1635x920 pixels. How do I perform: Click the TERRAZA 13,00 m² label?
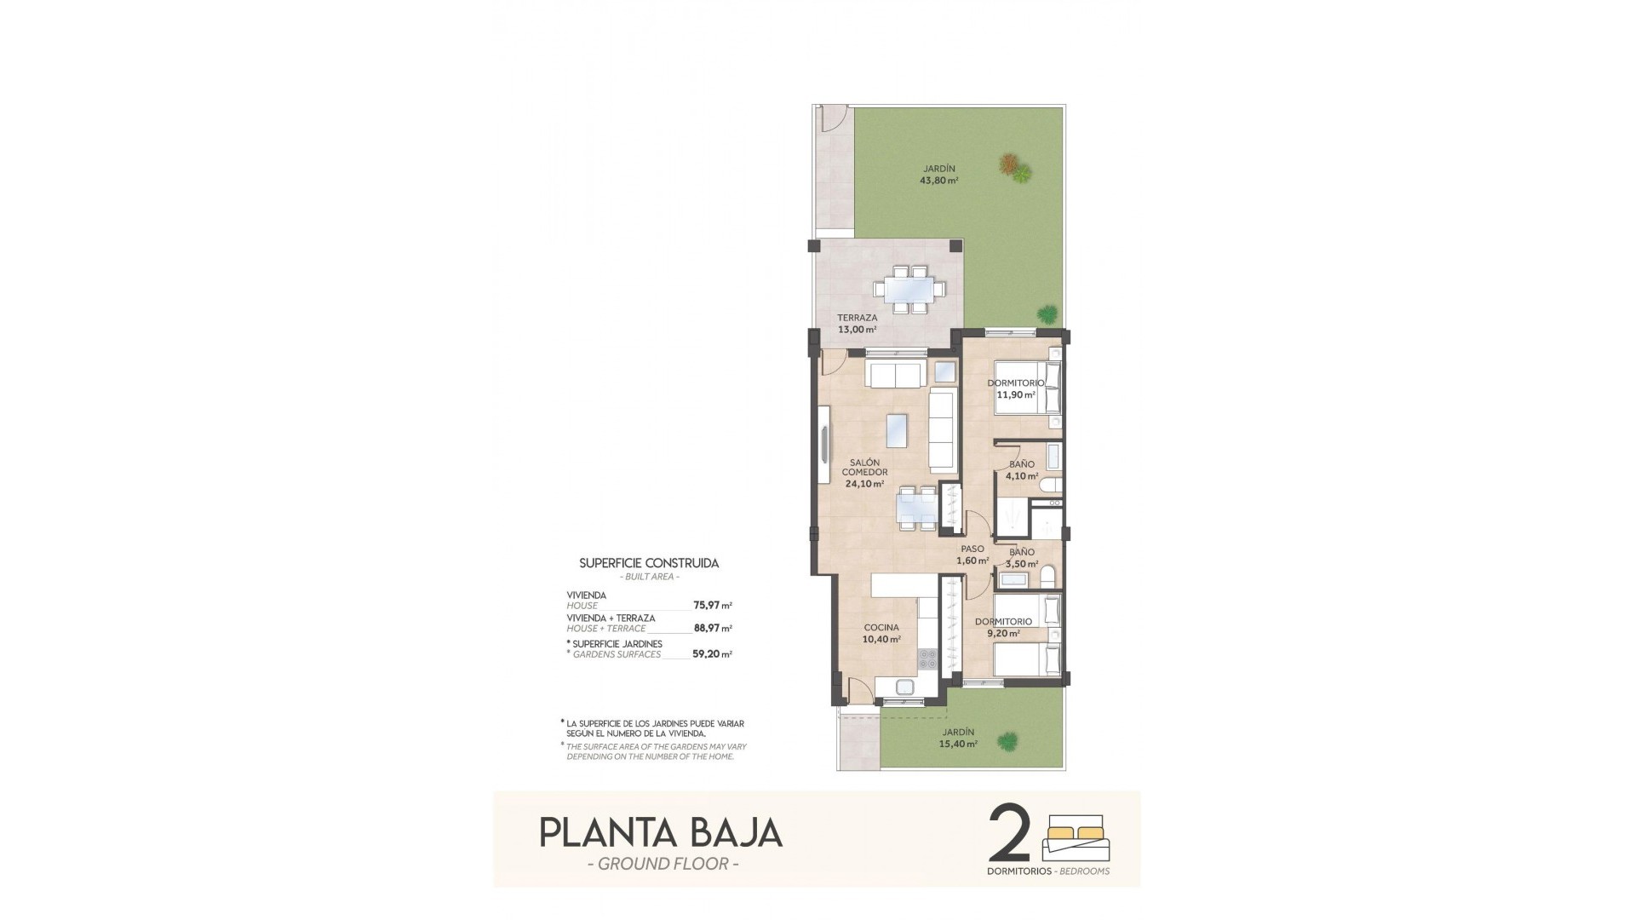pos(857,324)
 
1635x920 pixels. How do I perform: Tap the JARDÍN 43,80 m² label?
pos(938,174)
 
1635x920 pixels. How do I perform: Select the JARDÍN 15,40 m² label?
pos(959,738)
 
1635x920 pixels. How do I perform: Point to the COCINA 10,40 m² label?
pos(881,633)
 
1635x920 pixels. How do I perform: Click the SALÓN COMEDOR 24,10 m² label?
pos(864,473)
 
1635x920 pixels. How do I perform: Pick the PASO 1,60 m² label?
pos(972,555)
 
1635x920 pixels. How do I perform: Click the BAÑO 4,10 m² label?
pos(1022,470)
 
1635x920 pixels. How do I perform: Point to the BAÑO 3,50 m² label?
pos(1022,558)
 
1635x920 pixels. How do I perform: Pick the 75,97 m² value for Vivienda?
pos(713,606)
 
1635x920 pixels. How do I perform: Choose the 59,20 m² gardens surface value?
pos(713,654)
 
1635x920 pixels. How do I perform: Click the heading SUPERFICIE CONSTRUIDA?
pos(649,563)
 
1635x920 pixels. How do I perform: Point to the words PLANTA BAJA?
pos(661,832)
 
